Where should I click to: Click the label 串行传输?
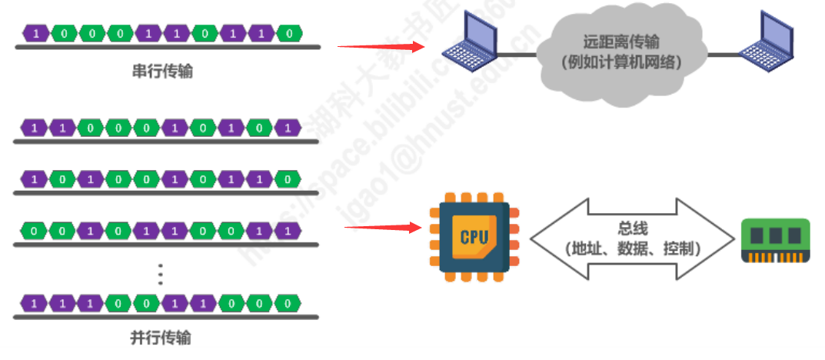click(x=162, y=72)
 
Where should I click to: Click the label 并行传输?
click(x=161, y=338)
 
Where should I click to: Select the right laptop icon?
click(x=764, y=40)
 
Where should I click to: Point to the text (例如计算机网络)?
click(x=621, y=63)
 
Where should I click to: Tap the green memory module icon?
click(x=775, y=241)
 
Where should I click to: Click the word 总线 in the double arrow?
click(x=633, y=228)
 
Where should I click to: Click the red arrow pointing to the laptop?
click(x=381, y=47)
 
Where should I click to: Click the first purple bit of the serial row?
click(x=36, y=33)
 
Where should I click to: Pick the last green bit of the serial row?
click(x=288, y=33)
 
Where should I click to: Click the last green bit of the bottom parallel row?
click(x=288, y=303)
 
